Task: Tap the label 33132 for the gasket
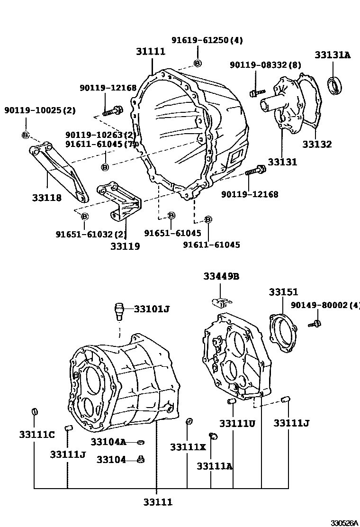(317, 145)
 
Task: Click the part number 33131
(282, 162)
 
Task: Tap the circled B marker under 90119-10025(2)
(25, 135)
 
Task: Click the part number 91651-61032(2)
(91, 234)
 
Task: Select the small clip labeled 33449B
(221, 301)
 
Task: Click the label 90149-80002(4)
(325, 305)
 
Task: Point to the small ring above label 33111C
(34, 412)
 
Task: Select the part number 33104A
(108, 442)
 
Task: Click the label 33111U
(237, 423)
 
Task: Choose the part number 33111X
(188, 447)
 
